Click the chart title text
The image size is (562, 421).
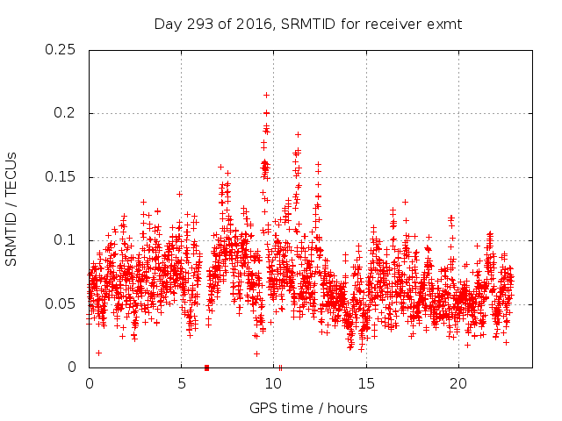[307, 24]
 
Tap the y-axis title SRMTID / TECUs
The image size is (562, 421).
[11, 209]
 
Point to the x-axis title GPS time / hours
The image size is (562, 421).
[308, 408]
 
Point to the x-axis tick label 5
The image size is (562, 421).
[181, 383]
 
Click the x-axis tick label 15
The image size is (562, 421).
[365, 383]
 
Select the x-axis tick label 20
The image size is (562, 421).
[458, 383]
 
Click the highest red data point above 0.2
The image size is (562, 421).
[266, 95]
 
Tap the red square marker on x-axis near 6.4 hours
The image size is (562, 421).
[206, 367]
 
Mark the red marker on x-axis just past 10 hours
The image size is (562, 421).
[280, 367]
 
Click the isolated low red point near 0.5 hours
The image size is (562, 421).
[98, 353]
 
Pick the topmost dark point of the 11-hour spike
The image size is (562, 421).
[299, 134]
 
